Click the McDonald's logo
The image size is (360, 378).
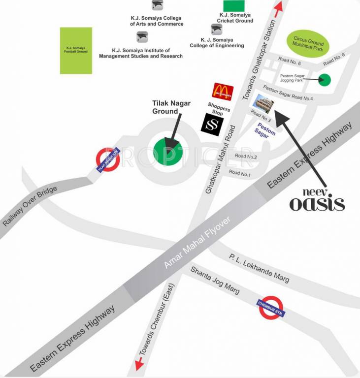(223, 92)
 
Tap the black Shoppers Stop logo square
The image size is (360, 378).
(212, 123)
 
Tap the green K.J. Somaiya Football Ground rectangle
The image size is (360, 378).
(76, 51)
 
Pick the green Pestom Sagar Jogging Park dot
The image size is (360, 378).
(325, 79)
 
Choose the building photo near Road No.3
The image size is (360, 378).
(263, 104)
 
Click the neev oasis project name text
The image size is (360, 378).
(317, 199)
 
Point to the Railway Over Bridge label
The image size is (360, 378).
(30, 206)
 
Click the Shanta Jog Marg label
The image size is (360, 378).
(215, 280)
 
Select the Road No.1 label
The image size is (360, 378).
(240, 173)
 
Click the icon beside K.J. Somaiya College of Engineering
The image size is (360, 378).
(216, 29)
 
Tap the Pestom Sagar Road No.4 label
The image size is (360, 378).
(288, 93)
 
